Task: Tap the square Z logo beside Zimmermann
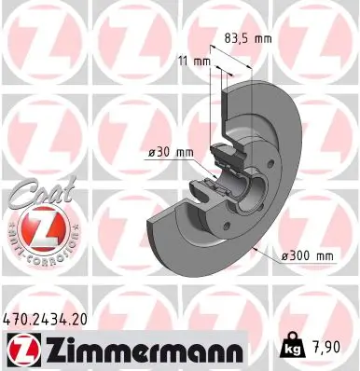[19, 350]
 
